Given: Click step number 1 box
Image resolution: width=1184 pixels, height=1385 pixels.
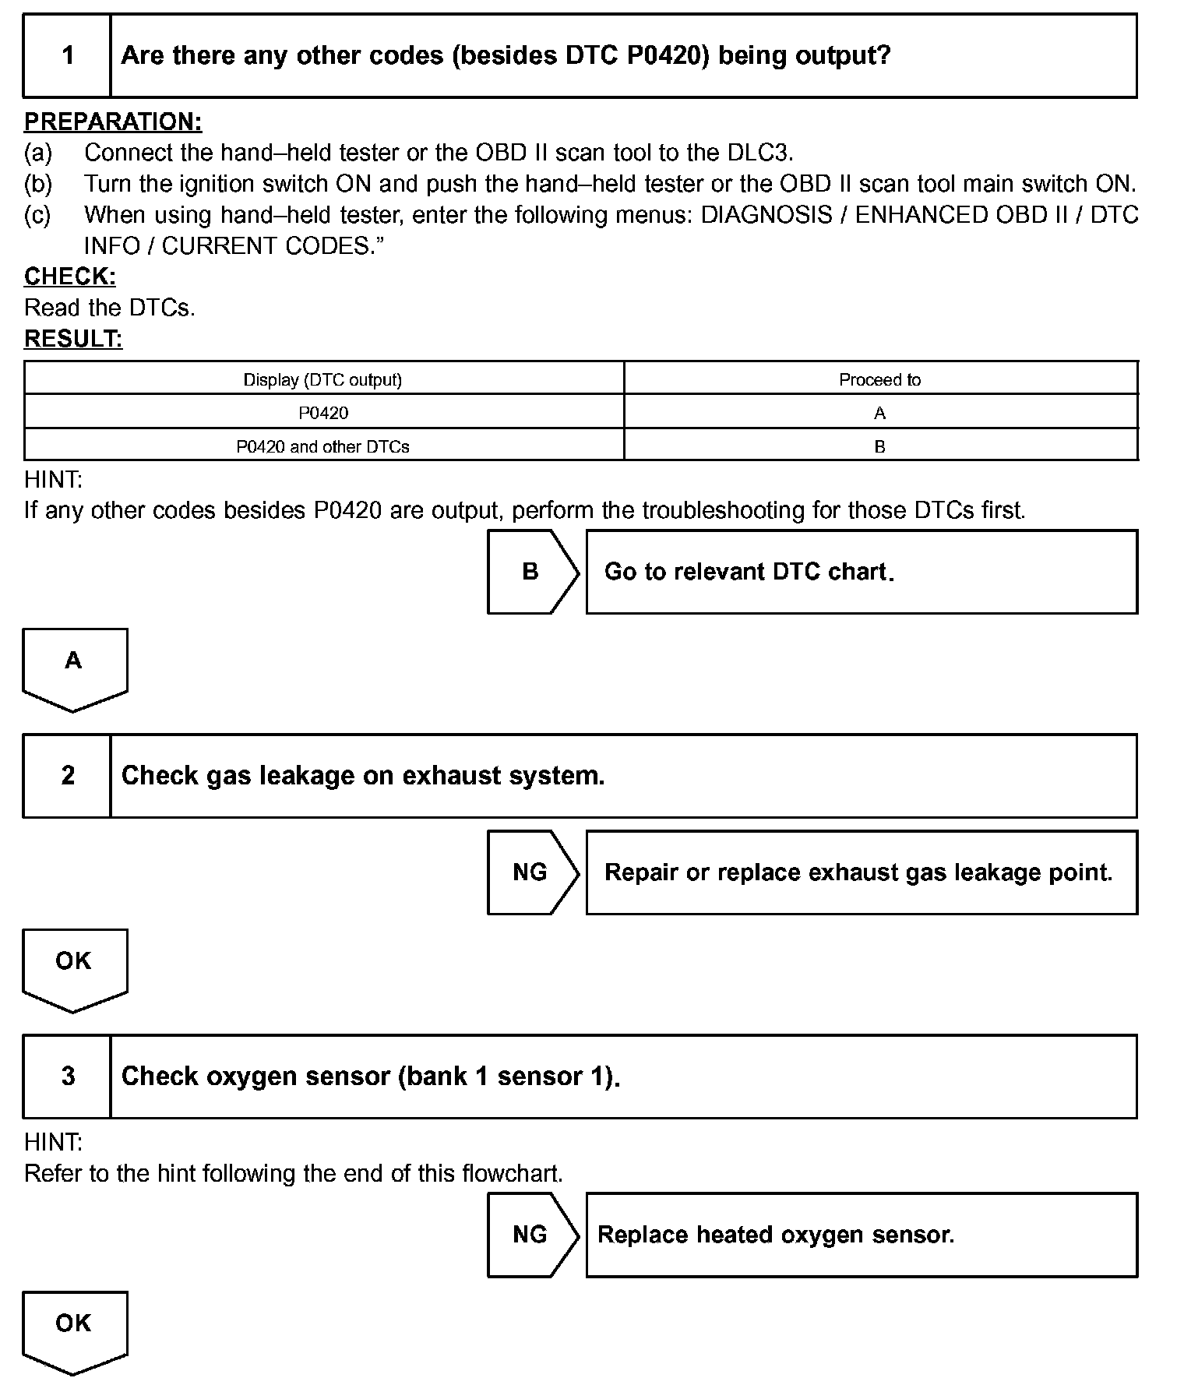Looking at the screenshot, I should [68, 55].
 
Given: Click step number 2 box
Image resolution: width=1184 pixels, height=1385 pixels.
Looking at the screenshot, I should [68, 776].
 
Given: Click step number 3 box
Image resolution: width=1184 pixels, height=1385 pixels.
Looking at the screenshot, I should [68, 1077].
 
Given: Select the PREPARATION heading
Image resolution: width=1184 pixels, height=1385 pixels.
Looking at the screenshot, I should [113, 122].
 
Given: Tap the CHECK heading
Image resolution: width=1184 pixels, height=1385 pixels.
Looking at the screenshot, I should [70, 277].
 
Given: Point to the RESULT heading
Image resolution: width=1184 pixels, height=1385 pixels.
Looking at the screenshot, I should [73, 339].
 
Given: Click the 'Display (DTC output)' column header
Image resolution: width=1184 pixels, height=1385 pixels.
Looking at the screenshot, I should [323, 379].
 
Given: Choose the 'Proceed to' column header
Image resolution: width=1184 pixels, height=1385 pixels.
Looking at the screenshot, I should [879, 379].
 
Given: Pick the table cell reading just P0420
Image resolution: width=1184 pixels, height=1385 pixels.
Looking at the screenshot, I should [323, 413].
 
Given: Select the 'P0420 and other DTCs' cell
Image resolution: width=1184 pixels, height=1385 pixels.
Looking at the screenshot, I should [323, 446].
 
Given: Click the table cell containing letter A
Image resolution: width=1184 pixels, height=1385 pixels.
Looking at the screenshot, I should [879, 413].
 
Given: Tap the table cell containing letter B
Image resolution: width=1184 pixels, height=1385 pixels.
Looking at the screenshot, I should [879, 446].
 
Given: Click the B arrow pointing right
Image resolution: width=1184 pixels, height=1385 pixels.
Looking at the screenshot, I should [531, 572].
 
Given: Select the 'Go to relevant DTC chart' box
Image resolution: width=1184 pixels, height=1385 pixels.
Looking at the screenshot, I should [861, 572].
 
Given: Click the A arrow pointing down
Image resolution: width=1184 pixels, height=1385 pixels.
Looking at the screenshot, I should [74, 666].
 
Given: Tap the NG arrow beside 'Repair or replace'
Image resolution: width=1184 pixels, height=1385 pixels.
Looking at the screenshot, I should [531, 872].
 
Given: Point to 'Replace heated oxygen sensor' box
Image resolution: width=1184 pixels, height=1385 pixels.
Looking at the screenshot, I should [861, 1235].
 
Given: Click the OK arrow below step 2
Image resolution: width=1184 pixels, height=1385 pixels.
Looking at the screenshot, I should [74, 967].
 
